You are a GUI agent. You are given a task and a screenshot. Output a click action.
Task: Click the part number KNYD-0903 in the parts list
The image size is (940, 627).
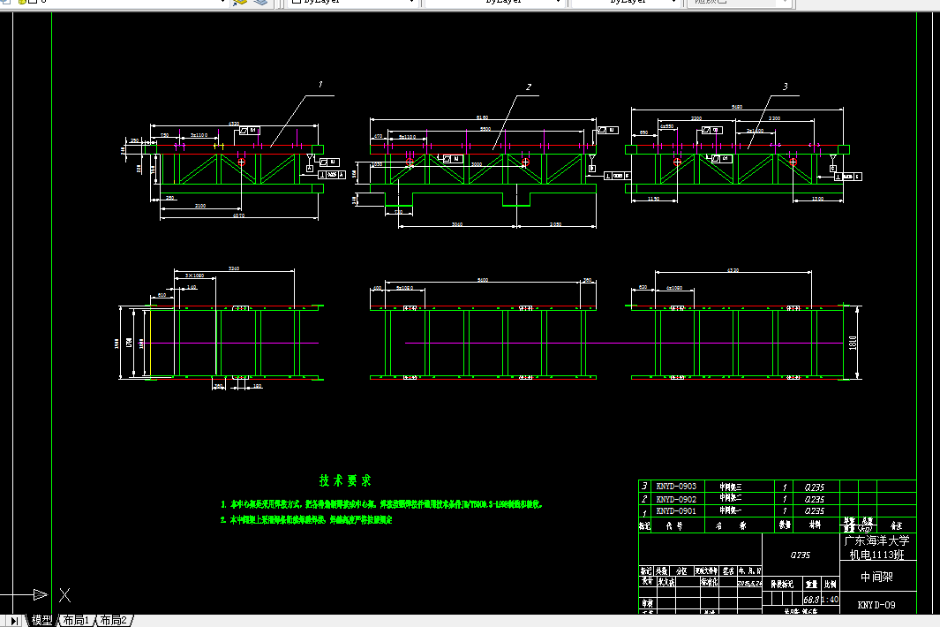pos(676,486)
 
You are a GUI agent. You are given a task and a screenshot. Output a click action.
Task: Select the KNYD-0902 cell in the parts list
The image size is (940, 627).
pos(676,498)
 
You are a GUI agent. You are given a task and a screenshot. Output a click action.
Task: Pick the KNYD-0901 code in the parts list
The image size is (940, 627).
pos(676,510)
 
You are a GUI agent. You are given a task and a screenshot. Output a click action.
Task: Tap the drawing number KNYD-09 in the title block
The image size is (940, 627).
pos(876,606)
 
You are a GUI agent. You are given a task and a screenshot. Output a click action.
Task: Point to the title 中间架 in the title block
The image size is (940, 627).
pos(876,578)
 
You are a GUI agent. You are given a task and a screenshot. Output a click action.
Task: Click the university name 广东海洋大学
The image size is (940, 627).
pos(876,540)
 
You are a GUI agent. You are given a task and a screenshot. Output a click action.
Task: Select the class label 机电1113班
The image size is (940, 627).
pos(876,555)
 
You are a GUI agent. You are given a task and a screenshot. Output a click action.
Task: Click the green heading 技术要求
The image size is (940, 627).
pos(345,480)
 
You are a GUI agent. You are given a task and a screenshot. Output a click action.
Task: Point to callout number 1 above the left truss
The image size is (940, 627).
pos(320,85)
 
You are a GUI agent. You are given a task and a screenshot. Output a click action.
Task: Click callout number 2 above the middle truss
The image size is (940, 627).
pos(528,87)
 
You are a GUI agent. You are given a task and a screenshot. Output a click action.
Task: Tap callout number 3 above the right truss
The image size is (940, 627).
pos(785,87)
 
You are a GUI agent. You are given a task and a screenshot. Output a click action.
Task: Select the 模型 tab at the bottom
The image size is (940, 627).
pos(41,621)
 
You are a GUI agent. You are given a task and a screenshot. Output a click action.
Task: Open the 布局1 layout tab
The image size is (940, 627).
pos(76,621)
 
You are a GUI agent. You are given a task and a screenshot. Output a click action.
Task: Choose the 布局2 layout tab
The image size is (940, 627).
pos(114,621)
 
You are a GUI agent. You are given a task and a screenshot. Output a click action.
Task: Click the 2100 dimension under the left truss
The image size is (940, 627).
pos(200,206)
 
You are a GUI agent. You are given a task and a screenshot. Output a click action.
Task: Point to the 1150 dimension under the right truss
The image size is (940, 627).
pos(654,200)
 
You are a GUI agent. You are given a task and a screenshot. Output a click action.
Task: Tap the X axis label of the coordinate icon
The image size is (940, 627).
pos(64,594)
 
